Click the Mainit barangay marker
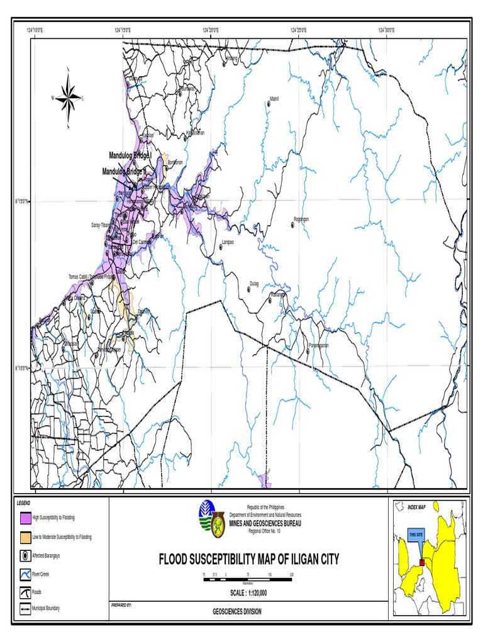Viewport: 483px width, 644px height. click(269, 104)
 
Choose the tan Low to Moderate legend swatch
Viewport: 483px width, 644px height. click(25, 537)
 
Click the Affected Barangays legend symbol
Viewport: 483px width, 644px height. click(25, 556)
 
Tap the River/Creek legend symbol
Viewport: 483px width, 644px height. click(25, 574)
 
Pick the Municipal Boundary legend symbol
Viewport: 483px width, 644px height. click(25, 609)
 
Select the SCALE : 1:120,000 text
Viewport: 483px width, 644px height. click(248, 592)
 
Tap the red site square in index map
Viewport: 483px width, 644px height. click(423, 562)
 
